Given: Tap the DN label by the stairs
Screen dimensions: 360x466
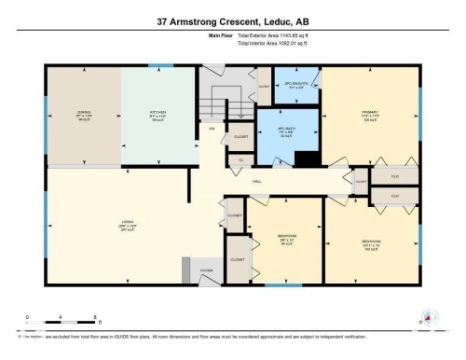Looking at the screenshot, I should coord(212,128).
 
